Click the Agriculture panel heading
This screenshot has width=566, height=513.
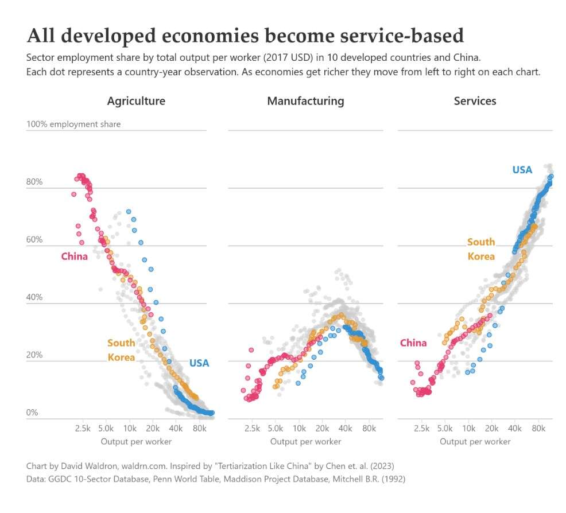coord(136,101)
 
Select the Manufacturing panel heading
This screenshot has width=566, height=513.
coord(305,101)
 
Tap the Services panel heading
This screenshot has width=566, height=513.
coord(475,101)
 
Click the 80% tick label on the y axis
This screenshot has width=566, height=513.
coord(34,182)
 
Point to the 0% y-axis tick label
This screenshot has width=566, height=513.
coord(32,413)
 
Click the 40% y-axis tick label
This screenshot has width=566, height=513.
coord(34,297)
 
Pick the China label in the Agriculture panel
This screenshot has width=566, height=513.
coord(75,256)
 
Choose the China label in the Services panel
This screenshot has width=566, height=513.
coord(413,343)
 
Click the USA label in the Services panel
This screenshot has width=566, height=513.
coord(522,170)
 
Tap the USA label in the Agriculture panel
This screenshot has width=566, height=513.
coord(199,363)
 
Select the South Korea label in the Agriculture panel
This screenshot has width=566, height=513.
coord(121,350)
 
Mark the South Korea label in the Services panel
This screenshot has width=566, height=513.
coord(481,249)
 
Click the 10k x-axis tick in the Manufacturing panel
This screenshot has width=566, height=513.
coord(299,428)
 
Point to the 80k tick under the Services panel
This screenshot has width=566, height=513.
coord(538,428)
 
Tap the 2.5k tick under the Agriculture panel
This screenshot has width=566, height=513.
coord(83,428)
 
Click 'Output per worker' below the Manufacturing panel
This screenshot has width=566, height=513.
coord(305,441)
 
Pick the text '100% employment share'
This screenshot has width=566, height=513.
coord(73,124)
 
